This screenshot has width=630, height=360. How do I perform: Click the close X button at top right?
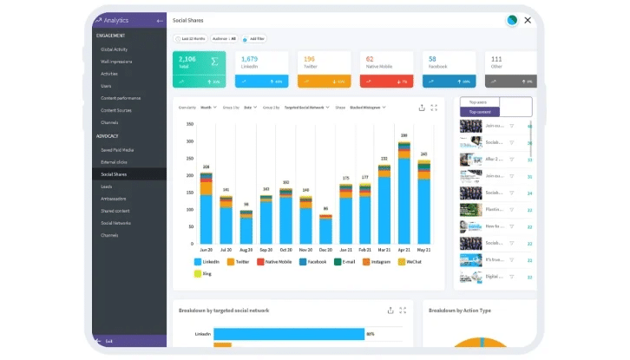pos(527,20)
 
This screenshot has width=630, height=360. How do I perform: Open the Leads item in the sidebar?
pos(107,186)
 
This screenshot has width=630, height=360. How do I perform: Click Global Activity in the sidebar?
pos(115,49)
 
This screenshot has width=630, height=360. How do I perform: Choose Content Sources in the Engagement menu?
pos(117,110)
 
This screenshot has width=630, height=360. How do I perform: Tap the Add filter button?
pos(256,38)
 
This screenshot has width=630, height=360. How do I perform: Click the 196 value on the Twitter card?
pos(310,59)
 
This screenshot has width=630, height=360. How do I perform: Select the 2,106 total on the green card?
pos(187,59)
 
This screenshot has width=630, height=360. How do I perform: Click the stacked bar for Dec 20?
pos(325,229)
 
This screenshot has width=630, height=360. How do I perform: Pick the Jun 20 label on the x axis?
pos(206,249)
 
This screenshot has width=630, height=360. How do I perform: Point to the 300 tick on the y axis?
pos(189,123)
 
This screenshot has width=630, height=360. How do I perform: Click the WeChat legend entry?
pos(413,261)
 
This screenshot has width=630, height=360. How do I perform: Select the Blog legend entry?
pos(205,274)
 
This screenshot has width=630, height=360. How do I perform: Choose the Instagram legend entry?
pos(377,261)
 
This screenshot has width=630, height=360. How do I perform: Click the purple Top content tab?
pos(480,112)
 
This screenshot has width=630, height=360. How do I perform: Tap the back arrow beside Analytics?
pos(159,19)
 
